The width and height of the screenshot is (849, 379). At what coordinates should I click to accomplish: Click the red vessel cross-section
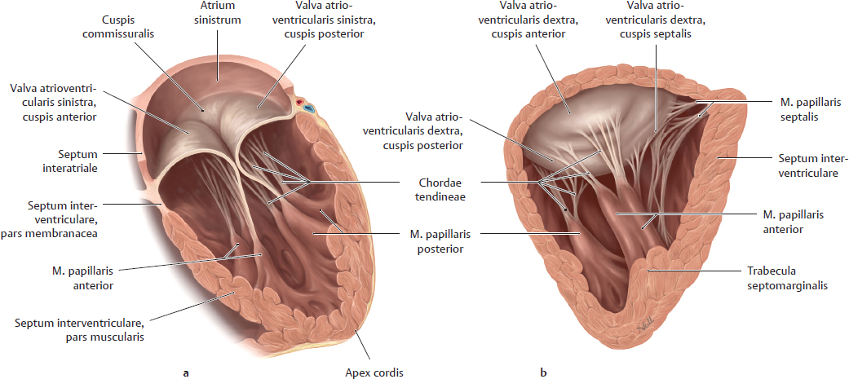point(298,102)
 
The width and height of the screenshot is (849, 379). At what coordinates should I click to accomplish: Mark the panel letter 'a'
point(186,372)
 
